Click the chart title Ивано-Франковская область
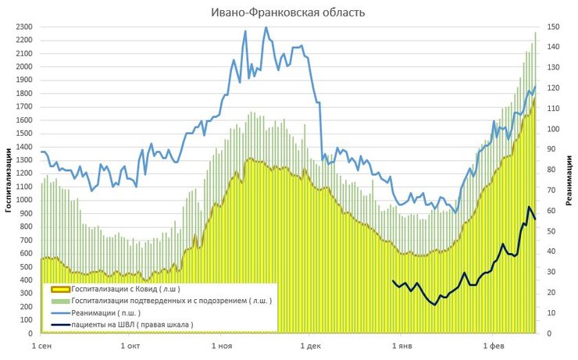tap(288, 12)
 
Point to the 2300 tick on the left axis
tap(22, 27)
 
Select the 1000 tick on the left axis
tap(22, 200)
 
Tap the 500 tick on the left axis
tap(24, 266)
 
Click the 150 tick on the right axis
tap(551, 27)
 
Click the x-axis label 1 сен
tap(41, 344)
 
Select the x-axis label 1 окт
tap(132, 344)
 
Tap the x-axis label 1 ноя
tap(223, 344)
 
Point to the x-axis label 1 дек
tap(310, 344)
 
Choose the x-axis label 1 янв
tap(401, 344)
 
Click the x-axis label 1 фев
tap(493, 344)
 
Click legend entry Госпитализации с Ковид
tap(130, 288)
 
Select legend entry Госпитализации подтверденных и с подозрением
tap(172, 300)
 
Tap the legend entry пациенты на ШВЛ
tap(132, 324)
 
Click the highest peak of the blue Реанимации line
tap(266, 27)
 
